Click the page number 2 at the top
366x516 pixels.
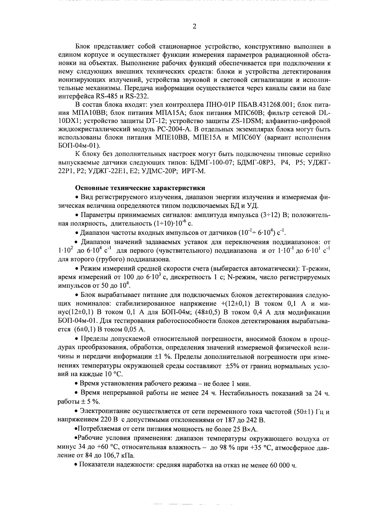pos(194,27)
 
